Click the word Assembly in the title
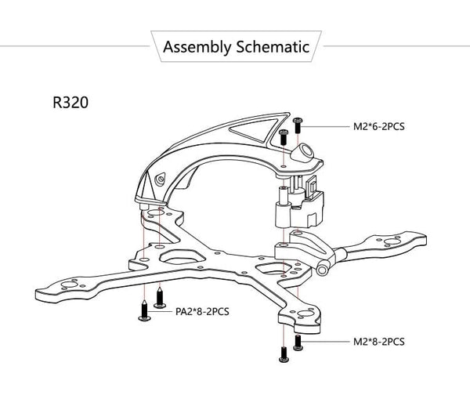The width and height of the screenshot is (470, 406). coord(197,47)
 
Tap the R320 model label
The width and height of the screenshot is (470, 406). coord(71,103)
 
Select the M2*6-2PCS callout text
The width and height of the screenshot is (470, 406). coord(381,125)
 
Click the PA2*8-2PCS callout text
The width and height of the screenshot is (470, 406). coord(202,311)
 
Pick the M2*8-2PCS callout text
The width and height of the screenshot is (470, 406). coord(379,342)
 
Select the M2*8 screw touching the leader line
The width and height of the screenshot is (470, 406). coord(298,342)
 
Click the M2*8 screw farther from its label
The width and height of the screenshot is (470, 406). coord(284,354)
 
